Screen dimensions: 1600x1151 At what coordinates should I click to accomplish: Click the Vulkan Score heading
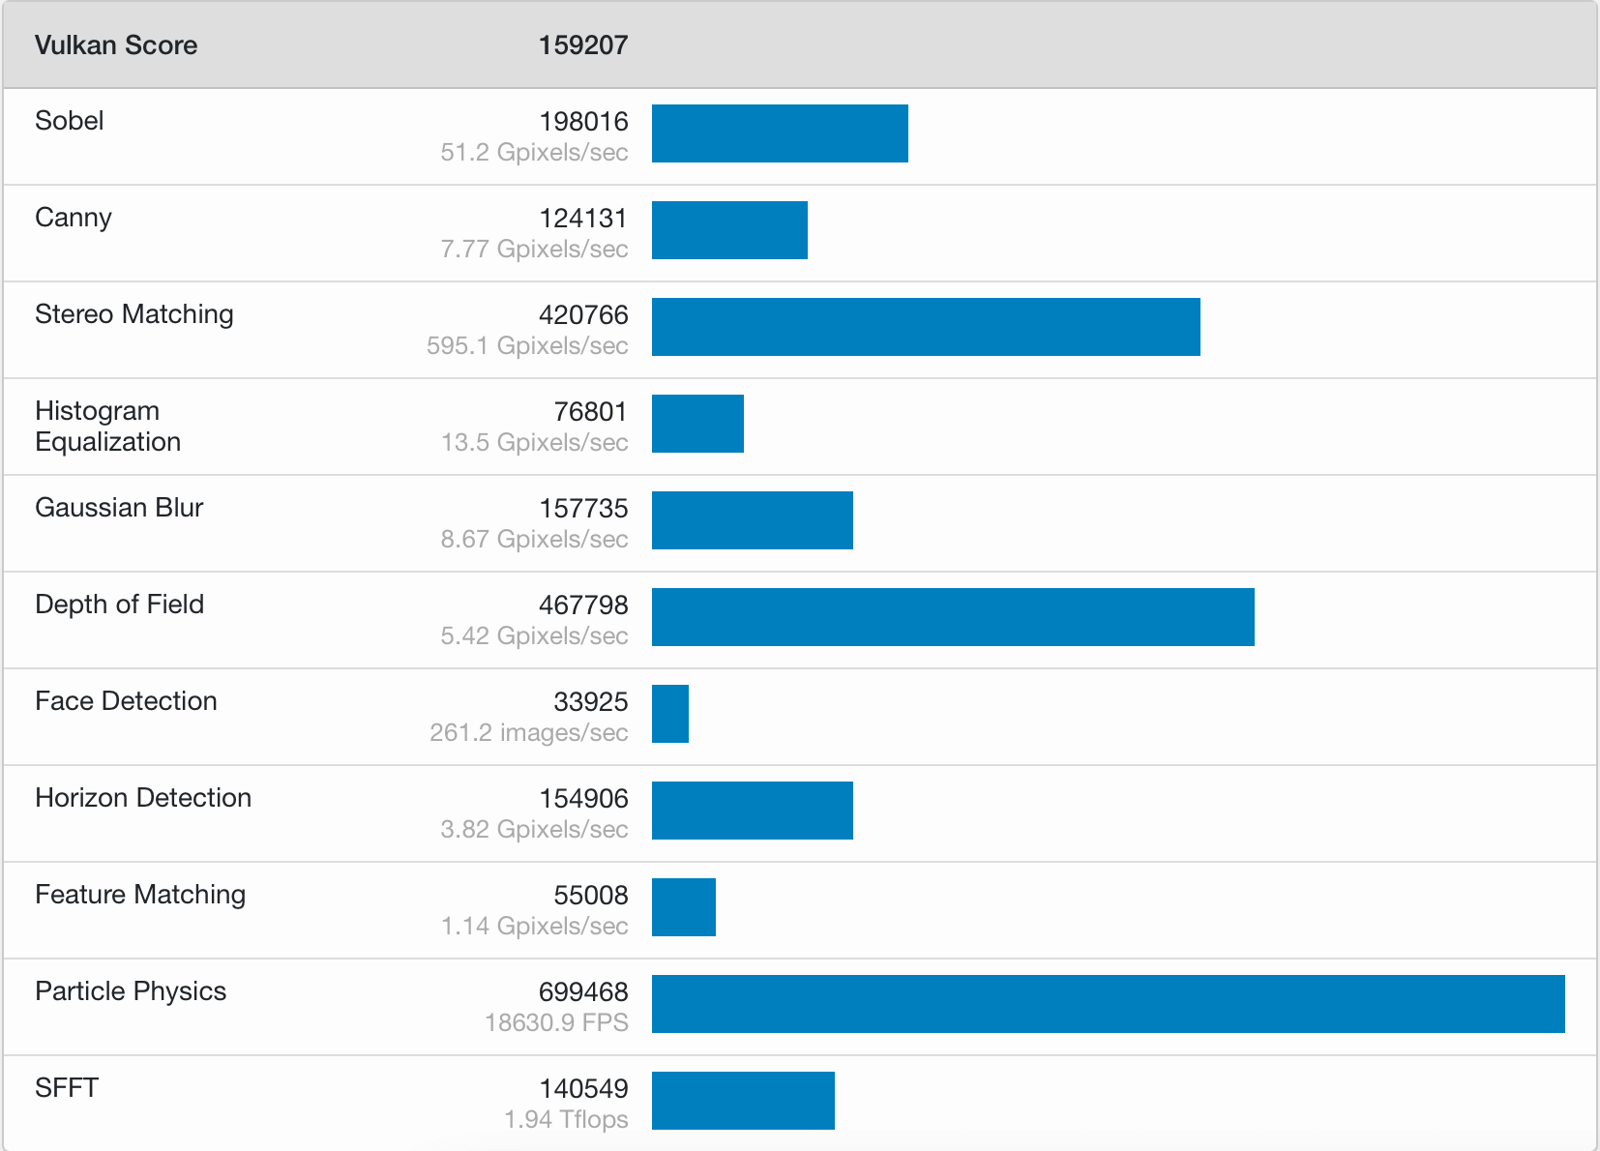click(116, 45)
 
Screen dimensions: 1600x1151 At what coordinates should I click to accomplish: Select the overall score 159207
click(583, 45)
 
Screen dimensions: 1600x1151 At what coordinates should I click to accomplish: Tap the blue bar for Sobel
click(780, 133)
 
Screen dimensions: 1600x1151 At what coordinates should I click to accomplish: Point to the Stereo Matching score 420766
click(583, 315)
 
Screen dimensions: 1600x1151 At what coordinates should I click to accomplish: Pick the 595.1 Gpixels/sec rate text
click(527, 345)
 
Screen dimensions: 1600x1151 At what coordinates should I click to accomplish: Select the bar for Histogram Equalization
click(697, 424)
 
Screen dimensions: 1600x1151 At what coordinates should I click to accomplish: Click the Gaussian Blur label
click(119, 508)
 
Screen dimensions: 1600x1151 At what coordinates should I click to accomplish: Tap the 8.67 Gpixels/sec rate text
click(534, 539)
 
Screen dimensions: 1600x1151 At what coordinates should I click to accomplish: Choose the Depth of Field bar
click(953, 617)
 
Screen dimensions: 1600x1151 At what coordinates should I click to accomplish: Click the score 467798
click(583, 605)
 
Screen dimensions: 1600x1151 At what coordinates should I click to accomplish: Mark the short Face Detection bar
click(670, 714)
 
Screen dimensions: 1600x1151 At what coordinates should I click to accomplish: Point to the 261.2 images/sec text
click(528, 732)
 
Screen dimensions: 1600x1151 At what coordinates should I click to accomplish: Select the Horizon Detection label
click(143, 798)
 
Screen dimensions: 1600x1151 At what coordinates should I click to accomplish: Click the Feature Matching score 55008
click(591, 896)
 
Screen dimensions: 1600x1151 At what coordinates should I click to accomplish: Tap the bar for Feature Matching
click(684, 907)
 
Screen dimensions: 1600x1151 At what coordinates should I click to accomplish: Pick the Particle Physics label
click(131, 991)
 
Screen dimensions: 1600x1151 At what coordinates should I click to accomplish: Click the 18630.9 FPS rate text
click(556, 1022)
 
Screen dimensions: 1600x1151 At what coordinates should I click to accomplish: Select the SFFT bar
click(743, 1101)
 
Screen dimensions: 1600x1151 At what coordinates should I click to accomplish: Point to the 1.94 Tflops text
click(566, 1120)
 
